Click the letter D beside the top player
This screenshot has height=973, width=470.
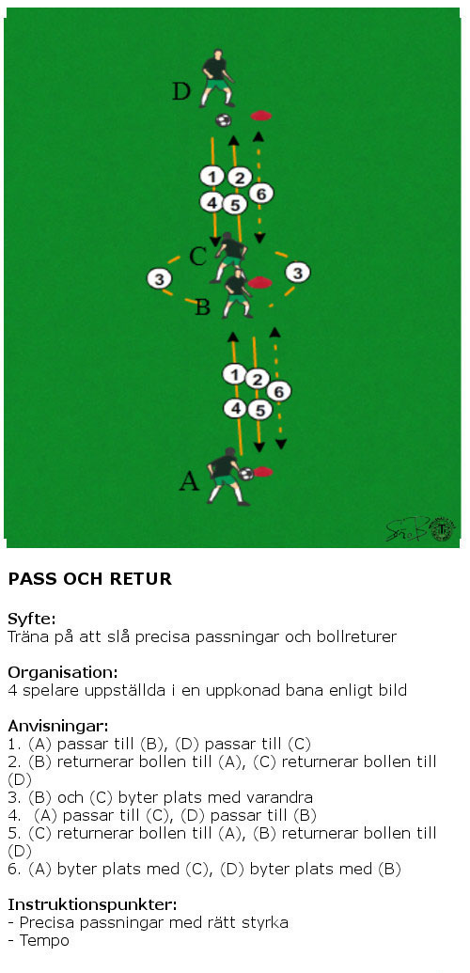click(181, 91)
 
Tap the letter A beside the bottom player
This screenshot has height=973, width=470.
click(189, 481)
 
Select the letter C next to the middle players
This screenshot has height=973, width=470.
click(197, 256)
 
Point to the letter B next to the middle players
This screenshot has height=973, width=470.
click(202, 307)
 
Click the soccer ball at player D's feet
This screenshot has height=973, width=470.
click(224, 119)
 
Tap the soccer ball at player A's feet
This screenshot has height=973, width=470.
click(246, 474)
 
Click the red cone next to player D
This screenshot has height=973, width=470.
click(260, 116)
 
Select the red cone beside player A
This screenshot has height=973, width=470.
click(263, 472)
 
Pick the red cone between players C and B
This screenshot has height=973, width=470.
click(259, 282)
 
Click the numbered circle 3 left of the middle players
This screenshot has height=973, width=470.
click(160, 279)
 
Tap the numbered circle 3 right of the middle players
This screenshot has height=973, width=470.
click(297, 273)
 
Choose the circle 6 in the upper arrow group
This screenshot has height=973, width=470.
click(261, 195)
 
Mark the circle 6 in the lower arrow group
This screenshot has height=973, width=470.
click(279, 392)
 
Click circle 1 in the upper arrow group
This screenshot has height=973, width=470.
click(211, 177)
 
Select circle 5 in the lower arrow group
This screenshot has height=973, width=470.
click(259, 410)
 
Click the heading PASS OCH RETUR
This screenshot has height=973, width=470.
click(90, 579)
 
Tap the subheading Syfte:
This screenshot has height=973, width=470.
click(32, 619)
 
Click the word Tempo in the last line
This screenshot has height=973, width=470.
click(44, 941)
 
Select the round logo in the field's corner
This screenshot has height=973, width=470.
click(442, 529)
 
